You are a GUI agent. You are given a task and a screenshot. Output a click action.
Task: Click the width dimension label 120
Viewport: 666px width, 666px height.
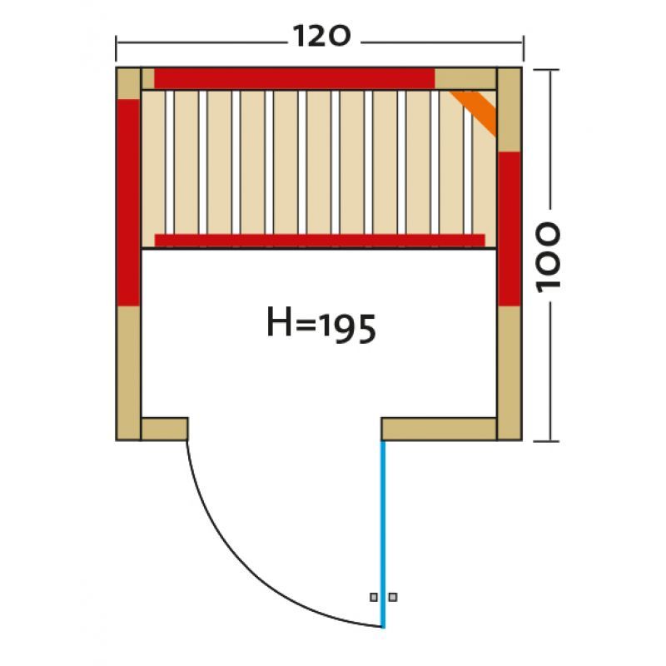click(x=320, y=36)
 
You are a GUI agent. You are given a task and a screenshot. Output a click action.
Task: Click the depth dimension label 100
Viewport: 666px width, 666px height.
click(x=549, y=256)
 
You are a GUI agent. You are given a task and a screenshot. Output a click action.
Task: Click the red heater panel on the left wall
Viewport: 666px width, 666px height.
click(x=128, y=202)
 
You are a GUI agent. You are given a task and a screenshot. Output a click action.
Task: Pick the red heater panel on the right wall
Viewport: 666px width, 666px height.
click(x=509, y=228)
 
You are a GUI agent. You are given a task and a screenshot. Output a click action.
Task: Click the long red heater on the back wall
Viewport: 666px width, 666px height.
click(x=294, y=77)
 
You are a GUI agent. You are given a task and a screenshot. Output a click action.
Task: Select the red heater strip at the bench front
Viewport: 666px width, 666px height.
click(x=320, y=240)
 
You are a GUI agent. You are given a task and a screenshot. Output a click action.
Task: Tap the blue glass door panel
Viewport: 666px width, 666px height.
click(x=383, y=533)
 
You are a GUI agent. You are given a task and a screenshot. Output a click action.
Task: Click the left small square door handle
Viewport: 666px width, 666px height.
click(x=375, y=597)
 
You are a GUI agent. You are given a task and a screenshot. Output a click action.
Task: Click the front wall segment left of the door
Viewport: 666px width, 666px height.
click(x=164, y=428)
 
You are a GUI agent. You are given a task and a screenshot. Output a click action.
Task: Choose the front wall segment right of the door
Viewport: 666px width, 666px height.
click(x=439, y=429)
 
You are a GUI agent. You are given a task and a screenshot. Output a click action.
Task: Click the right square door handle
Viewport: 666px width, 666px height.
click(x=393, y=597)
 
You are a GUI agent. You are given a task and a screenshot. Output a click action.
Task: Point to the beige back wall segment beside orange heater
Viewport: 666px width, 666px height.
click(x=465, y=78)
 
